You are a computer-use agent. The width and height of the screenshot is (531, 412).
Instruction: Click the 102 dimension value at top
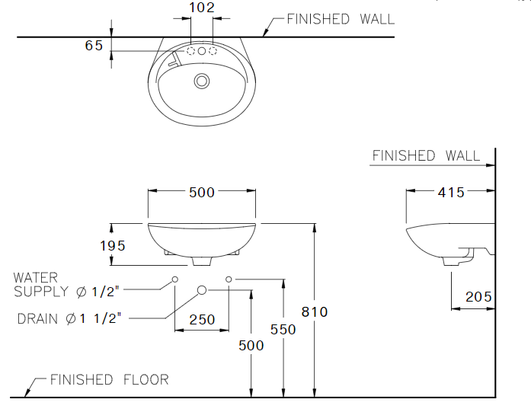202,8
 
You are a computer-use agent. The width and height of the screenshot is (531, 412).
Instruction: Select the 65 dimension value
94,46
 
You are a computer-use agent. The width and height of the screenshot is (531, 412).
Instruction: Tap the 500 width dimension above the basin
202,193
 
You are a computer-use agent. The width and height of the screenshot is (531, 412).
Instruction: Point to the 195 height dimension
112,245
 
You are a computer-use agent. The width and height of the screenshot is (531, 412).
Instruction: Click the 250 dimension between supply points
202,320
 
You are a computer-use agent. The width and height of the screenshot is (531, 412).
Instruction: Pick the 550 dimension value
283,329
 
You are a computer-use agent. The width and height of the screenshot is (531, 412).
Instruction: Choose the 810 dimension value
315,311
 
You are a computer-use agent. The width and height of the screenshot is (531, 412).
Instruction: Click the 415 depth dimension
451,193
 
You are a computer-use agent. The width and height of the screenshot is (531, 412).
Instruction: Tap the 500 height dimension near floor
251,345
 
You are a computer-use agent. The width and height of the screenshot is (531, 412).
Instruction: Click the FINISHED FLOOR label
109,379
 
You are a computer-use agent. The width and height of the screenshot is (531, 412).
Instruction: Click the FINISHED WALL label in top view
340,19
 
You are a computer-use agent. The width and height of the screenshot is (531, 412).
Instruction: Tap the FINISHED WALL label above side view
426,156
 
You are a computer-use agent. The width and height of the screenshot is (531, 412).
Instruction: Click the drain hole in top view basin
202,80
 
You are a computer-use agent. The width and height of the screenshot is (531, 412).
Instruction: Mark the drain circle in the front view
202,289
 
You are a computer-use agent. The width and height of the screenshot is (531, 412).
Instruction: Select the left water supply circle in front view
175,279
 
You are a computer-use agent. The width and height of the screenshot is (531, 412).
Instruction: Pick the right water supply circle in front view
229,279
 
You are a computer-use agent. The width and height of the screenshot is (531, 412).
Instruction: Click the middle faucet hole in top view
202,51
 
